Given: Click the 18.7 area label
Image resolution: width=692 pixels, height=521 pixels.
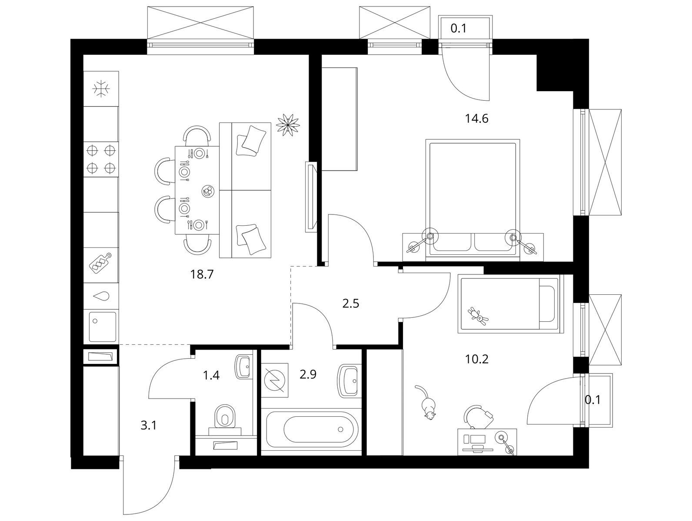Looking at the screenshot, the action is [202, 274].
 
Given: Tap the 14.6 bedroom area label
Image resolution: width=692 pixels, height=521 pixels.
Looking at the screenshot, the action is [477, 119].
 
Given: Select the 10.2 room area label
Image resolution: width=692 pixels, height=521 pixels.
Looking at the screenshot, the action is [477, 359].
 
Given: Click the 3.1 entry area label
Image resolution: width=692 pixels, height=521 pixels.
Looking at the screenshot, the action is [148, 426].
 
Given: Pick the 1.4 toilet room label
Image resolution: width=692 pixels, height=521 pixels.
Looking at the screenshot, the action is [211, 376].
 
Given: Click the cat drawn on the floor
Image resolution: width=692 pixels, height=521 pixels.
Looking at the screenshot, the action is [426, 402].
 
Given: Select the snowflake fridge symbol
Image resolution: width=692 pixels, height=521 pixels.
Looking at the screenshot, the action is [101, 89].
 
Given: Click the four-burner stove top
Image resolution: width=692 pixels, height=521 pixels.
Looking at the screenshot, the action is [100, 158].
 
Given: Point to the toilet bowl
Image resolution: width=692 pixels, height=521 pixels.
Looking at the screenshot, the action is [225, 417].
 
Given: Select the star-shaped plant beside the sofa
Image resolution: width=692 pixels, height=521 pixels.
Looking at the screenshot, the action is [287, 125].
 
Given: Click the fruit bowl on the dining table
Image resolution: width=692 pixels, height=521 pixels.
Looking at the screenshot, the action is [208, 191].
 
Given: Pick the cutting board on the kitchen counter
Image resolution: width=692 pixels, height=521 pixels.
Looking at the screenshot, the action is [100, 262].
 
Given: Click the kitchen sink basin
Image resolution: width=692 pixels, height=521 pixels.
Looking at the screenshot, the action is [103, 326].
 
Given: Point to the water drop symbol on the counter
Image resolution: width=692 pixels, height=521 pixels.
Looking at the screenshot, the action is [101, 296].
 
